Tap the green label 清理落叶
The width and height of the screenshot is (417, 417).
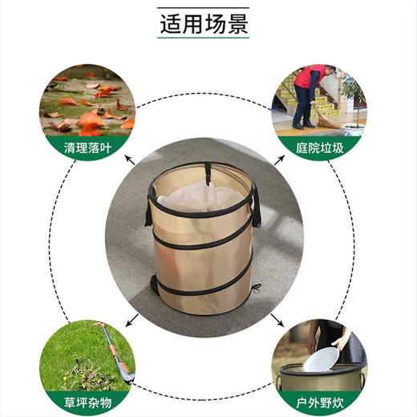tap(87, 148)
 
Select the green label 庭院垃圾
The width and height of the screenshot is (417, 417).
tap(318, 148)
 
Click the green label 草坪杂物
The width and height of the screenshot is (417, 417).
tap(87, 401)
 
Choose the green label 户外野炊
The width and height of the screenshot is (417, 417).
tap(318, 401)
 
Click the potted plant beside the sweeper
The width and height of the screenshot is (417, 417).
tap(352, 104)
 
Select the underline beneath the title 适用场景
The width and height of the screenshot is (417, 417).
tap(208, 37)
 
